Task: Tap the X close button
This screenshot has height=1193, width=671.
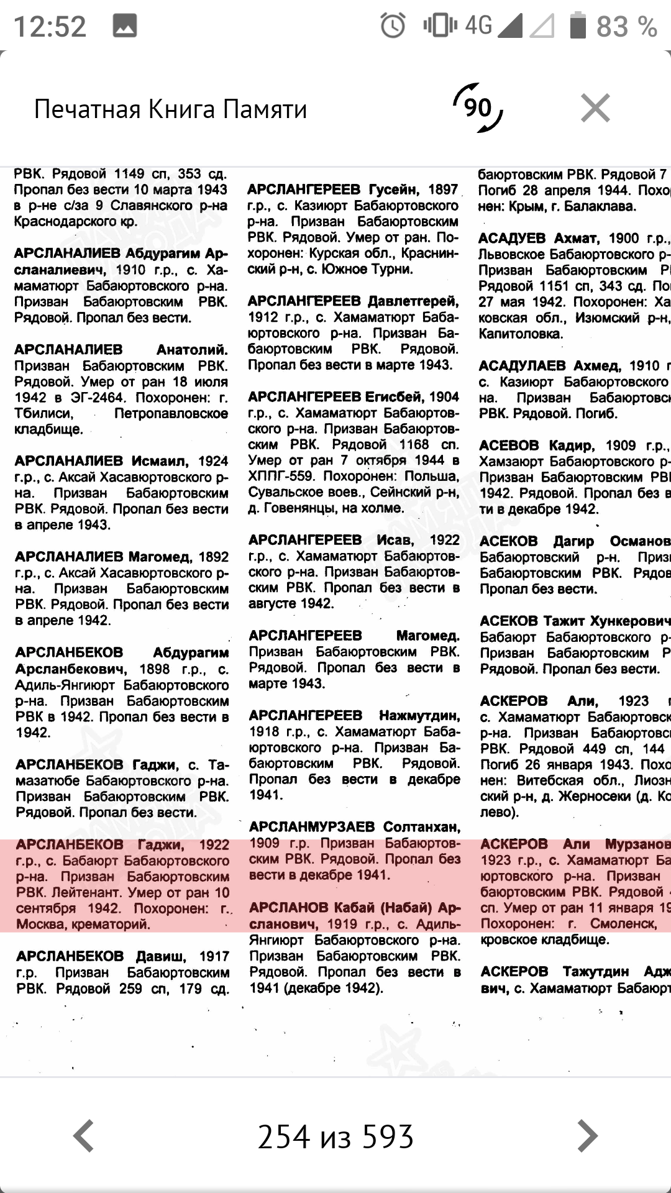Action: coord(595,109)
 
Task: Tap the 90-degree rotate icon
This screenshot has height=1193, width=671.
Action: coord(478,108)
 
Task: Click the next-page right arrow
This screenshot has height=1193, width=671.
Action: coord(587,1136)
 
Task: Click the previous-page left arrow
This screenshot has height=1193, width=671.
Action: coord(84,1136)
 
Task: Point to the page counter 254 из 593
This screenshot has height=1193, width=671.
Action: coord(335,1136)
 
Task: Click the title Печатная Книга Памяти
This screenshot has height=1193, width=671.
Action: coord(170,109)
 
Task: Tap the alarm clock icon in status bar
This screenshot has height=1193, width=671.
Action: coord(393,26)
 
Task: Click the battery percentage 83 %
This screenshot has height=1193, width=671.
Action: coord(626,27)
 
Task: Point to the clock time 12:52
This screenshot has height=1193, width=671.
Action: coord(50,27)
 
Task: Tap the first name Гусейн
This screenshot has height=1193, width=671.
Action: coord(393,190)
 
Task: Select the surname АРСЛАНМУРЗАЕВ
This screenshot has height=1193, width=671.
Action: coord(312,827)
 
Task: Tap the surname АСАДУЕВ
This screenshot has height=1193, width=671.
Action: coord(512,239)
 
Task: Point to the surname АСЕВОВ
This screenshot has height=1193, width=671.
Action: coord(509,446)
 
